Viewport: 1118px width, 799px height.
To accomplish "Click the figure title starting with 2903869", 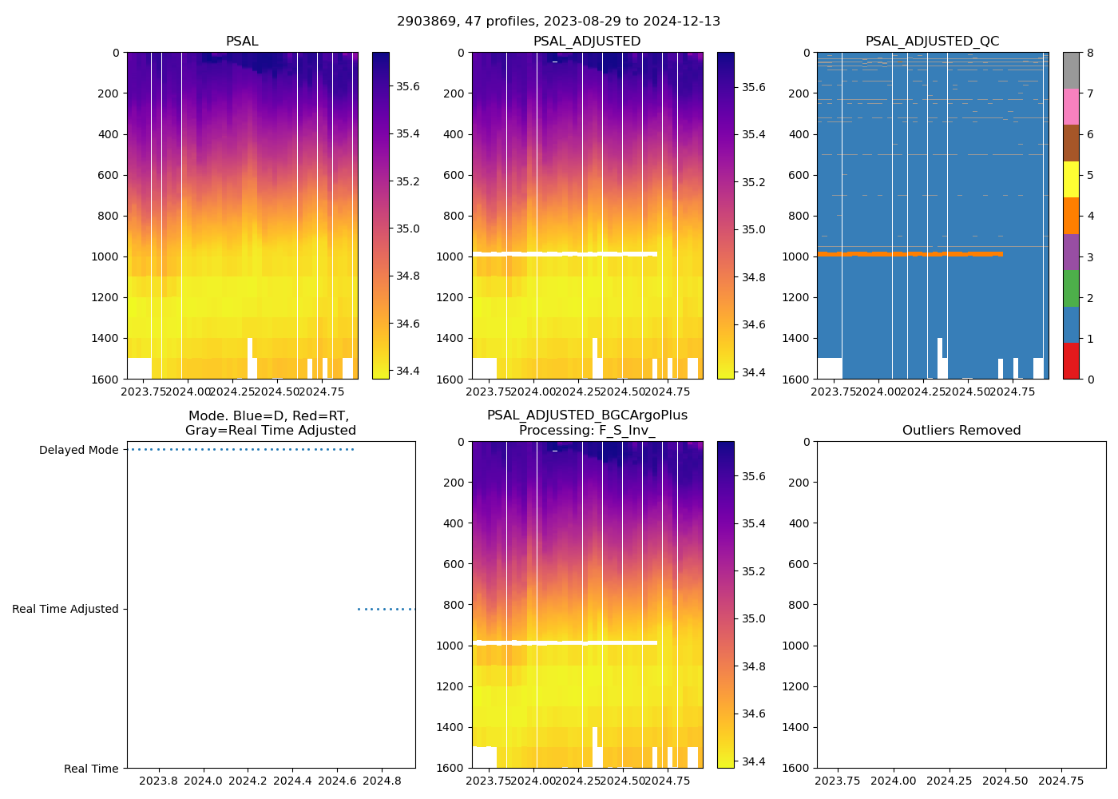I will pos(558,22).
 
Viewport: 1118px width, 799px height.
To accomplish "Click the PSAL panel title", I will pos(242,42).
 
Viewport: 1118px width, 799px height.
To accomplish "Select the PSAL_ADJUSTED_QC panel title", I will pos(932,42).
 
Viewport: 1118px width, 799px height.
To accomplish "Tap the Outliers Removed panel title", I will pos(961,431).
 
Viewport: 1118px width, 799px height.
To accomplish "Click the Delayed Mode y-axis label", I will pos(78,450).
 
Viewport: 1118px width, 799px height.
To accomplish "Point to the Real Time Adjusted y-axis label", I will pos(65,609).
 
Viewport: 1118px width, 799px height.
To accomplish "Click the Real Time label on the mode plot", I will pos(91,769).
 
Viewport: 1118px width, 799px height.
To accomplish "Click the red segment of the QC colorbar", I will pos(1071,360).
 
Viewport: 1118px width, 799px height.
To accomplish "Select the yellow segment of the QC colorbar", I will pos(1071,180).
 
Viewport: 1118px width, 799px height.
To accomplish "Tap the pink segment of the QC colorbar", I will pos(1071,106).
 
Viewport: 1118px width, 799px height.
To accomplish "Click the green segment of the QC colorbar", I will pos(1071,288).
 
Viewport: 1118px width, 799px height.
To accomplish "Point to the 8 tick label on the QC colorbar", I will pos(1089,53).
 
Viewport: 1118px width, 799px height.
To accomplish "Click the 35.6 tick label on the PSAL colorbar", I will pos(408,86).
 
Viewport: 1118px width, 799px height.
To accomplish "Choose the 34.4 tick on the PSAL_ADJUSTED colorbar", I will pos(753,372).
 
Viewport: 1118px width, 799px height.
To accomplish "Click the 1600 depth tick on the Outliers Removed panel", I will pos(799,768).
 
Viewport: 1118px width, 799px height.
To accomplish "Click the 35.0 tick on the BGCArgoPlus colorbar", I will pos(753,618).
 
